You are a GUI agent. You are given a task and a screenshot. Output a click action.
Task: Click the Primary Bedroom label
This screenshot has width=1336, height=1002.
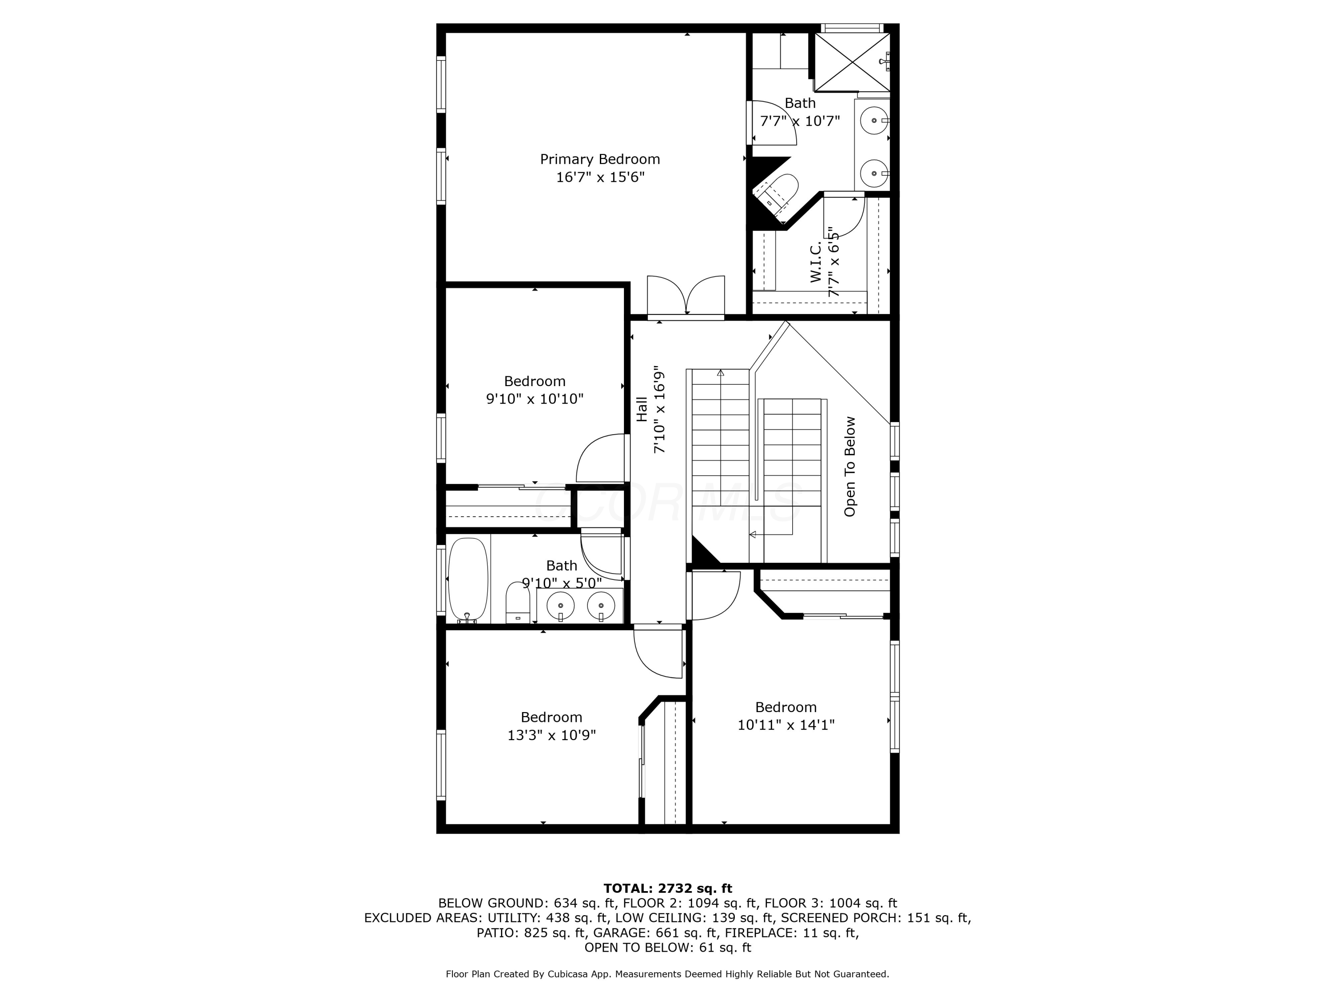click(x=600, y=159)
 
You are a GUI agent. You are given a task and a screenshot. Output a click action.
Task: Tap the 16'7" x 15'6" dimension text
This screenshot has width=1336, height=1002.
click(x=600, y=177)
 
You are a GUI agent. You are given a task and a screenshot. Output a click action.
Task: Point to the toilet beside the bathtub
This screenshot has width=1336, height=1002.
click(x=517, y=603)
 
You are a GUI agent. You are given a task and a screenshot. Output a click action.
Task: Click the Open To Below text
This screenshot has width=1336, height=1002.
click(x=850, y=466)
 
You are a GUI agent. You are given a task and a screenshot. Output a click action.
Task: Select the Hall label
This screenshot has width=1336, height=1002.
click(x=641, y=409)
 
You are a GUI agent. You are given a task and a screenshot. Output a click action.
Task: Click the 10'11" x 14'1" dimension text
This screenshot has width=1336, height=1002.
click(x=786, y=725)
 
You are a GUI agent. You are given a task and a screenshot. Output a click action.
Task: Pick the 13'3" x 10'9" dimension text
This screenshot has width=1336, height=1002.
click(x=551, y=735)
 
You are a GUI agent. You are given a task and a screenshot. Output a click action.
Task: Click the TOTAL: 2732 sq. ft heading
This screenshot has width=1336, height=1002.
click(x=668, y=888)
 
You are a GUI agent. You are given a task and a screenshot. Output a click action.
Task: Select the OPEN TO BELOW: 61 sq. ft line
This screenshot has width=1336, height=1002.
click(x=668, y=948)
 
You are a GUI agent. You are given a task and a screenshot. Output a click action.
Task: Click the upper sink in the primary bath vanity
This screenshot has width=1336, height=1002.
click(x=873, y=121)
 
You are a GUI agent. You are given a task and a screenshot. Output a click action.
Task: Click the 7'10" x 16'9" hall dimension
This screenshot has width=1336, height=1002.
click(x=659, y=409)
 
